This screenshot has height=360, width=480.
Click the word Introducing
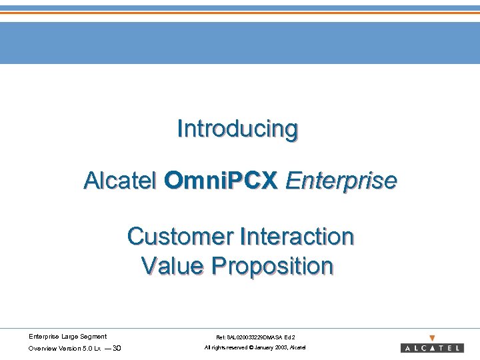pos(237,129)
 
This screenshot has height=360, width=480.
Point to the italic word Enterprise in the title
pos(341,180)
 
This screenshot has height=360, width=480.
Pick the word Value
pos(173,266)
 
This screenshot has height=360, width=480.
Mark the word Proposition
pos(272,266)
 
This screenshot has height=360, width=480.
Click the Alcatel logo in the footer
pos(432,348)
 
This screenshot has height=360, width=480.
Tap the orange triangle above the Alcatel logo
pos(432,338)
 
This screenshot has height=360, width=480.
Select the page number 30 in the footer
pos(117,348)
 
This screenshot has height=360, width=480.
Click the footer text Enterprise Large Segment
pos(67,337)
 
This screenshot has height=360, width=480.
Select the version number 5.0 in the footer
pos(88,348)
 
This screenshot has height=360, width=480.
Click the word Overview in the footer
pos(41,348)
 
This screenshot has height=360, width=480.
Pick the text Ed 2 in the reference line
pos(290,337)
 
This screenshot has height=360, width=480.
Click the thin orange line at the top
pos(240,13)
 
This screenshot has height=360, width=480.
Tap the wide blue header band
pos(240,43)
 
